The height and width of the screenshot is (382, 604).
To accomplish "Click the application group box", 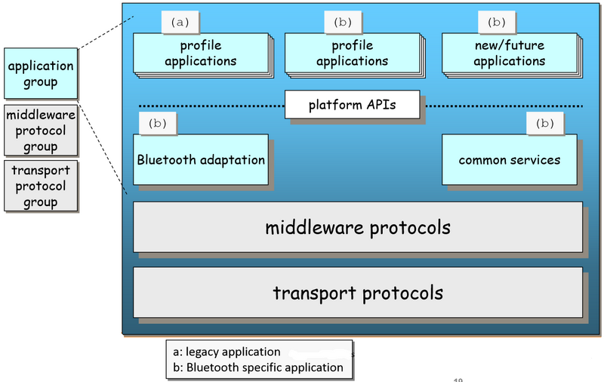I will [41, 73].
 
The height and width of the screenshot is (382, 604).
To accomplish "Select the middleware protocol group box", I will [41, 129].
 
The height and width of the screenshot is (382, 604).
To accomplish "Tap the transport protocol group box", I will [41, 185].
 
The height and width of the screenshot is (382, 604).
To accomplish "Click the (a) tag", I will [180, 22].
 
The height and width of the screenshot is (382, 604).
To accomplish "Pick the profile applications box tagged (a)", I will [200, 54].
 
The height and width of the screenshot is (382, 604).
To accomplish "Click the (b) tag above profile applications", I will [342, 22].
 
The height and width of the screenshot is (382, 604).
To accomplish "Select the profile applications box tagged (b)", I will [352, 54].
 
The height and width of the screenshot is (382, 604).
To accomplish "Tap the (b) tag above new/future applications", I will [498, 22].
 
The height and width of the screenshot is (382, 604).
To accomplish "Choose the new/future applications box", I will [509, 54].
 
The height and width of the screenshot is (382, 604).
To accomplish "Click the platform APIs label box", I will [352, 105].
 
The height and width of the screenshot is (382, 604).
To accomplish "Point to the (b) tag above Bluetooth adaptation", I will [158, 122].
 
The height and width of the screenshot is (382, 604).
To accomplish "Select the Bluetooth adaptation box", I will [200, 160].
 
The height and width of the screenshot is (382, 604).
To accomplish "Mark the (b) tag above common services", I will [544, 122].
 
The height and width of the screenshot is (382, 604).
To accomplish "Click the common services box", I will [509, 160].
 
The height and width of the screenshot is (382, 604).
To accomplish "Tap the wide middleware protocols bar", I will [358, 226].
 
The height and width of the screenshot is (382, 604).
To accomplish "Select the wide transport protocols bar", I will [358, 291].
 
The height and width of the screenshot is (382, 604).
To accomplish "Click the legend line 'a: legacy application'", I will [226, 352].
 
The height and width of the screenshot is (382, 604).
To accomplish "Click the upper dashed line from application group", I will [106, 32].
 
